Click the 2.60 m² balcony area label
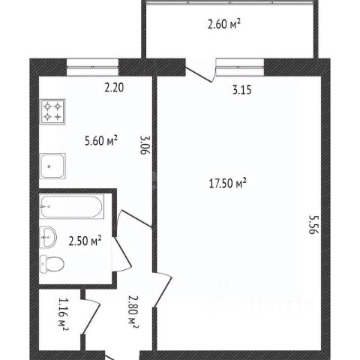click(x=224, y=25)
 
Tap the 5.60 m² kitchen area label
click(x=101, y=141)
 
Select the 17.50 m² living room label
click(x=227, y=183)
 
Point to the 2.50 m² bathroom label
click(x=85, y=241)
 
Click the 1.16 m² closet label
click(x=63, y=314)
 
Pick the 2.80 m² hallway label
click(x=133, y=313)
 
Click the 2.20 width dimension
click(x=114, y=88)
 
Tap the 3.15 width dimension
click(x=241, y=90)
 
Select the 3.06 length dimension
click(x=145, y=145)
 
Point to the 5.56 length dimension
click(x=313, y=224)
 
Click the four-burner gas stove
click(x=52, y=112)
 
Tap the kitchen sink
click(x=52, y=166)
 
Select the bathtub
click(x=72, y=206)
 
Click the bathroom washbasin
click(x=48, y=237)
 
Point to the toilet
click(x=52, y=264)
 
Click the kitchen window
click(x=92, y=67)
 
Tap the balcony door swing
click(x=201, y=71)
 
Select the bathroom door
click(x=121, y=253)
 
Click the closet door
click(x=91, y=316)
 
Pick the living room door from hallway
click(x=163, y=289)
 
